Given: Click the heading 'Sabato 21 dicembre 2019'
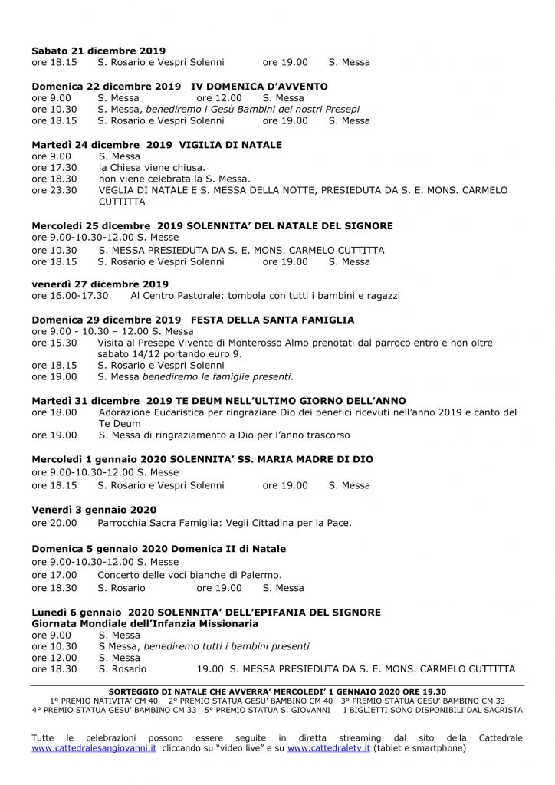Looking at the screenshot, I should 98,51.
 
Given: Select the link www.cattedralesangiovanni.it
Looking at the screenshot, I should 94,748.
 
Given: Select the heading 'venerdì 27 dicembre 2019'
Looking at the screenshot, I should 100,284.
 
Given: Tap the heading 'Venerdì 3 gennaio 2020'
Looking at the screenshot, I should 94,510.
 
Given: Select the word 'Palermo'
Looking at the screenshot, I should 262,575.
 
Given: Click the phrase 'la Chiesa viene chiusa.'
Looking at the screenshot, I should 151,167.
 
